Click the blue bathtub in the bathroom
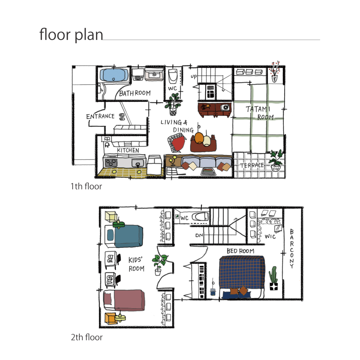coord(114,75)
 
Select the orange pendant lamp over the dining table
coord(199,138)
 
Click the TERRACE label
coord(252,165)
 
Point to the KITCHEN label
coord(128,150)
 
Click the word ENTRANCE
coord(100,116)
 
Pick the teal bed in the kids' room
coord(124,236)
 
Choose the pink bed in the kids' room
coord(124,300)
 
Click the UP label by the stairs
coord(194,76)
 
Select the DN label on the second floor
coord(199,235)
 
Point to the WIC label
coord(270,236)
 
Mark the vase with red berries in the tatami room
coord(275,72)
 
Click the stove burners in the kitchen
coord(111,163)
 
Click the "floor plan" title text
coord(71,34)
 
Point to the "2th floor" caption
coord(87,337)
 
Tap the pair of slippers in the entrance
coord(122,117)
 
